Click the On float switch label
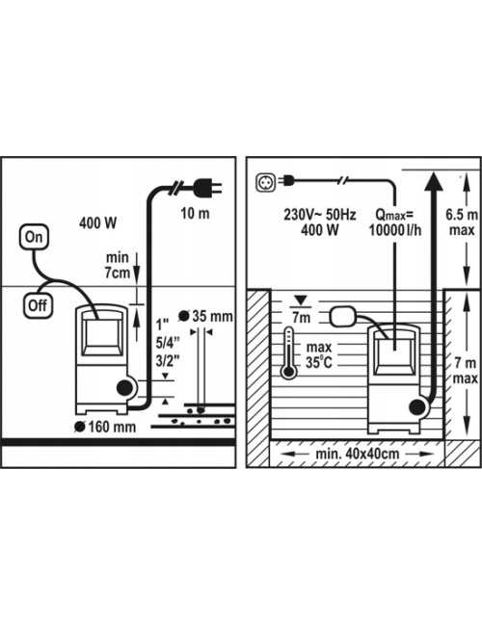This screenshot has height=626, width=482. point(34,237)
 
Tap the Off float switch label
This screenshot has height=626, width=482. point(38,306)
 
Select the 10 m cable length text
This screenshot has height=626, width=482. point(195,214)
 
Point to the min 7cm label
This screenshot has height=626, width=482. point(117,265)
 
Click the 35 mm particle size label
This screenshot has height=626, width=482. point(206,316)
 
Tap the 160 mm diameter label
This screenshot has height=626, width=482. point(105,427)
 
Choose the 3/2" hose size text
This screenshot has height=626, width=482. point(168,361)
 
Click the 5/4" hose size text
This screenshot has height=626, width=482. point(168,343)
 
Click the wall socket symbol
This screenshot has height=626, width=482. point(265,182)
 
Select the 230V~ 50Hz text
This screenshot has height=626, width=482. point(320,215)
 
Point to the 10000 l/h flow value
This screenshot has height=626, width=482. point(395,230)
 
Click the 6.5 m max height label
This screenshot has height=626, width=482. point(462,222)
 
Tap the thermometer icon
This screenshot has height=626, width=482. point(288,352)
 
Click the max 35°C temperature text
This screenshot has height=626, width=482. point(319,354)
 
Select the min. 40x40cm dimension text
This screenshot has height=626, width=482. point(358,454)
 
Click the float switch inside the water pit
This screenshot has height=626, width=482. point(343,316)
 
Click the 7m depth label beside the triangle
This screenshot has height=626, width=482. point(301,318)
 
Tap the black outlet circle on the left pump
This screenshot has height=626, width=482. point(125,388)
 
